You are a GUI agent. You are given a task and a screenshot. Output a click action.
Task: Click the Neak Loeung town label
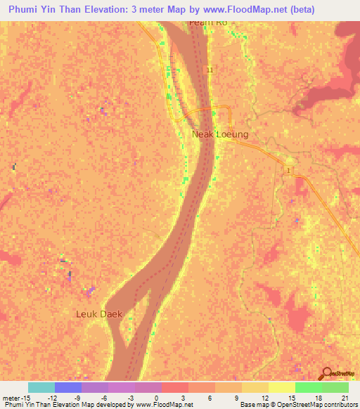coord(220,134)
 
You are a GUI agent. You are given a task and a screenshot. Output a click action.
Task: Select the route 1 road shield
coord(288,171)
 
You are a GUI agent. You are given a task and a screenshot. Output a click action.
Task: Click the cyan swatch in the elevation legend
coord(41,387)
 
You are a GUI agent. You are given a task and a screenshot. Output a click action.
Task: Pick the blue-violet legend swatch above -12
coord(68,387)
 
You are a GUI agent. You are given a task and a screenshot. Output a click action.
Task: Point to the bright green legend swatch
coord(309,387)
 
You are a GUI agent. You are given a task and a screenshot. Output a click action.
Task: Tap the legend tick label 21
coord(345,397)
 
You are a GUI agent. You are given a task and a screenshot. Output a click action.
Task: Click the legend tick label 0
coord(155,397)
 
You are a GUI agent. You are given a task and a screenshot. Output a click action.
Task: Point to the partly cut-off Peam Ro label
coord(209,23)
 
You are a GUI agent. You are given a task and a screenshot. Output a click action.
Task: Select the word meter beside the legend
coord(11,397)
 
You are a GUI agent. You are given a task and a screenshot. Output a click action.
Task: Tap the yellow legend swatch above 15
coord(282,387)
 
